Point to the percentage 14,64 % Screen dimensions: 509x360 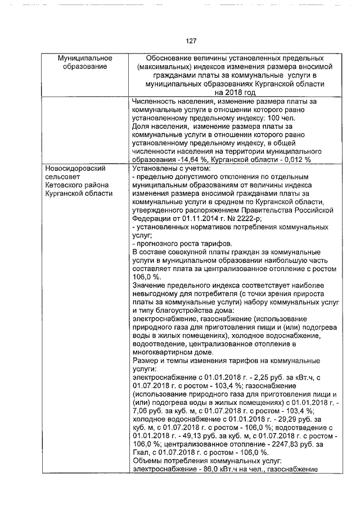[x=188, y=160]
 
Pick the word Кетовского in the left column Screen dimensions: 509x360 [x=64, y=184]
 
